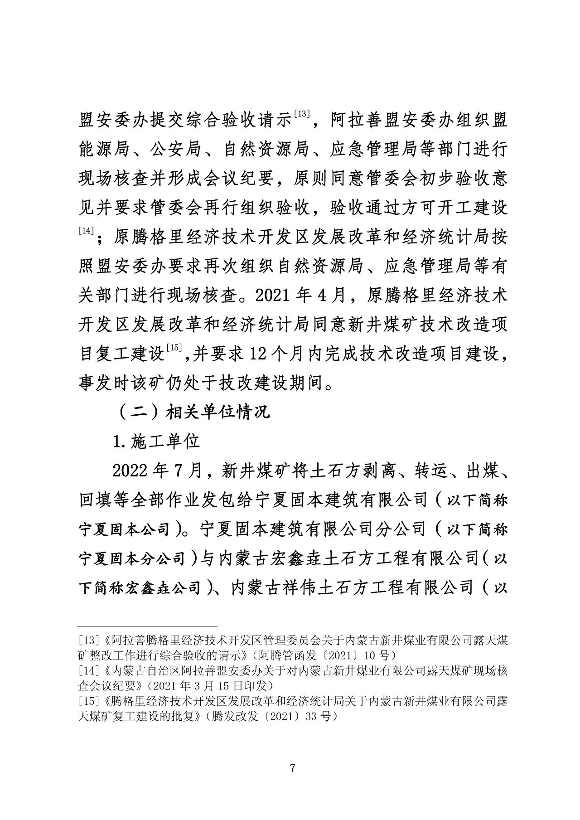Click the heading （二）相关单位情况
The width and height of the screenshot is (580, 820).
[x=193, y=412]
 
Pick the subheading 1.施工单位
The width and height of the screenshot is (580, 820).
[x=156, y=442]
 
